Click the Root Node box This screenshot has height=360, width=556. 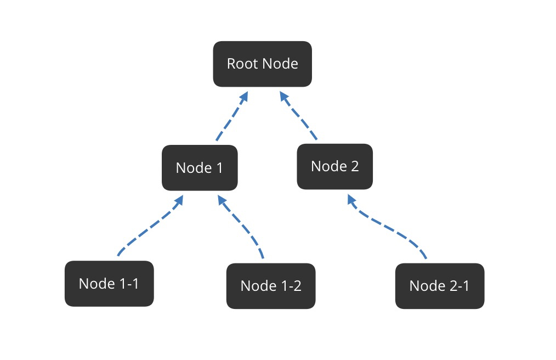(263, 64)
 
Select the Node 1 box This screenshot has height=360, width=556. (200, 167)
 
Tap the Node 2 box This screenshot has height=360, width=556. (335, 166)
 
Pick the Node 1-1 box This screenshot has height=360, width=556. (109, 284)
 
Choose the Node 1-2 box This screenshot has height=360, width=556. (271, 286)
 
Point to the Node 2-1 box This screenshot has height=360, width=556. (440, 286)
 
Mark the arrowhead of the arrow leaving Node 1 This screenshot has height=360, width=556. (243, 97)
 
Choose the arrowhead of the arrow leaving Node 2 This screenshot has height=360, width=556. (284, 97)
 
